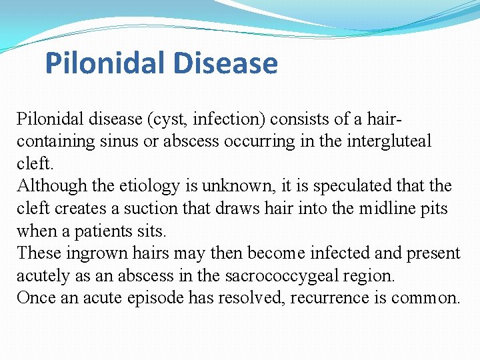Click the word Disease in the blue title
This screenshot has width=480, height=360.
coord(225,63)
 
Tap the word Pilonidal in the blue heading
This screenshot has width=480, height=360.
coord(106,63)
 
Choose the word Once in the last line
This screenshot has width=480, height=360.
coord(36,297)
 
